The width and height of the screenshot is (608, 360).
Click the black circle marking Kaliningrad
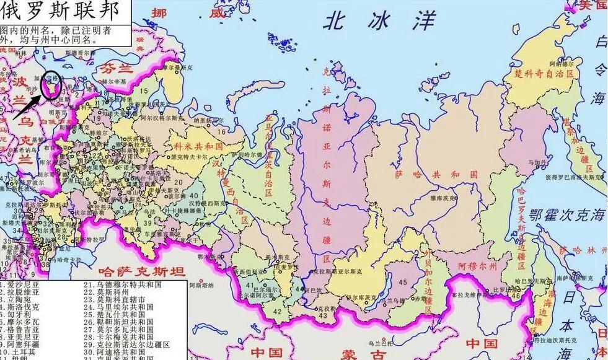pyautogui.click(x=54, y=87)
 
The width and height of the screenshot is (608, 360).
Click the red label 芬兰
pyautogui.click(x=118, y=67)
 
